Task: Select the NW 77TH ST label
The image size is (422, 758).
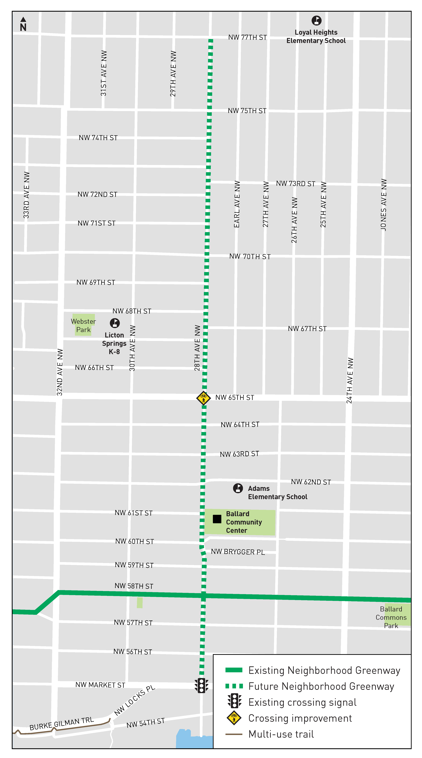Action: click(x=247, y=37)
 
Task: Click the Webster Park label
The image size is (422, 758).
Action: click(x=84, y=325)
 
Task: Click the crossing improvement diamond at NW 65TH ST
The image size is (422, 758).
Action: click(x=203, y=398)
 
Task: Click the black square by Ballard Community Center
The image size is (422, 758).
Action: click(x=217, y=519)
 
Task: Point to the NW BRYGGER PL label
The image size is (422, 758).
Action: click(x=238, y=552)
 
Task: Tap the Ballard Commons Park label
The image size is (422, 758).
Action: click(x=391, y=617)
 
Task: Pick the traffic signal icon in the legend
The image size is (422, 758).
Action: click(x=234, y=701)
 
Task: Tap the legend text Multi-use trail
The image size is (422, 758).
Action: click(x=281, y=734)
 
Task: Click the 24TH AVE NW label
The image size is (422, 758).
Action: click(x=350, y=380)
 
